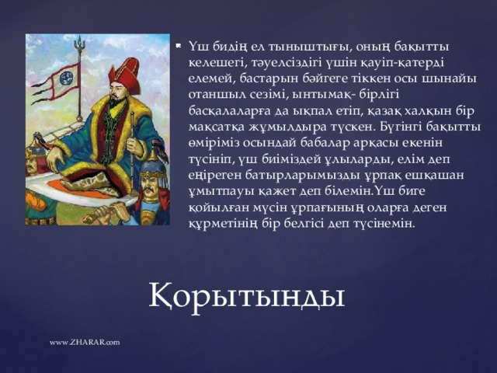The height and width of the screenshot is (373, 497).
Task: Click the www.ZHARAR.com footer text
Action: (x=84, y=342)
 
